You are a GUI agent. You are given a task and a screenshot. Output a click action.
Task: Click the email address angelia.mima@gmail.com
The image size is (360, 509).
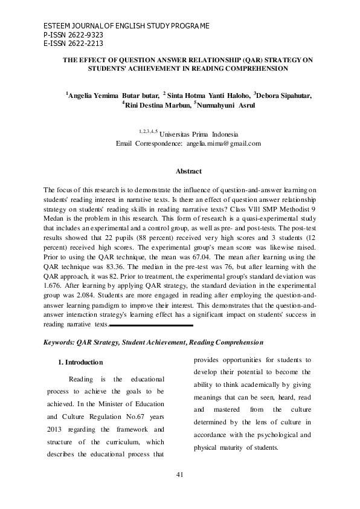pos(223,144)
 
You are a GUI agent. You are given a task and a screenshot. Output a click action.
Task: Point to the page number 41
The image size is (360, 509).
pos(179,474)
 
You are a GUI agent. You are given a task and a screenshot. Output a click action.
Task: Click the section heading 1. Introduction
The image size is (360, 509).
pos(80,362)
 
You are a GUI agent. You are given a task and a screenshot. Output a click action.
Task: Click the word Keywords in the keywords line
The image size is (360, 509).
pos(59,343)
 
